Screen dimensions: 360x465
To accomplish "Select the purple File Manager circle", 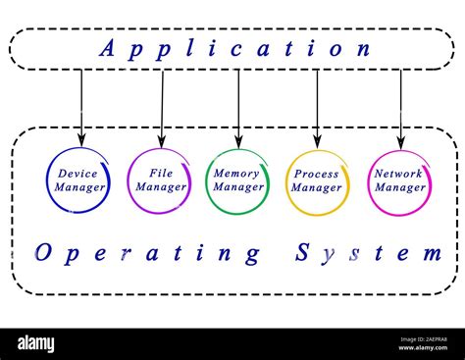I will tap(160, 180).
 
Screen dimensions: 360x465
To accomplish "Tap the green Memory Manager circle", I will tap(237, 180).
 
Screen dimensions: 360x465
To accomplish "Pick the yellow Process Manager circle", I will tap(317, 180).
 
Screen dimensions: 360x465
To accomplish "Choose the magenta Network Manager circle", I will tap(399, 180).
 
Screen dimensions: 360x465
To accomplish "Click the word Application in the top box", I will tap(235, 48).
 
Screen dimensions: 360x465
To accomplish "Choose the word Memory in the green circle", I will tap(237, 174).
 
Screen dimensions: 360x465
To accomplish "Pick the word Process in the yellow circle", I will tap(317, 174).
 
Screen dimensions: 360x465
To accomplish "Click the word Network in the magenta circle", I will tap(399, 174).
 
